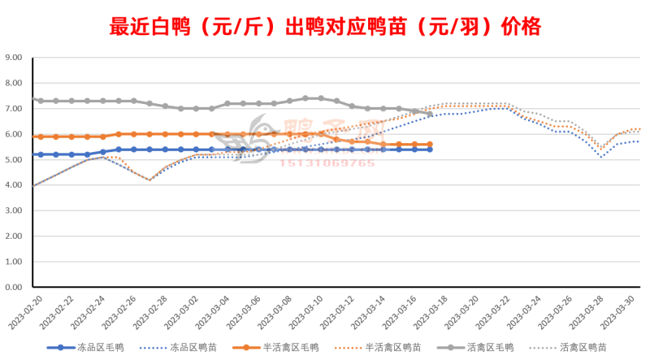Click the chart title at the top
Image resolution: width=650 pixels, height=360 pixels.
pos(325,27)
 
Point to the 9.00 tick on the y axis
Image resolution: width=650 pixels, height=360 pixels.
pos(14,58)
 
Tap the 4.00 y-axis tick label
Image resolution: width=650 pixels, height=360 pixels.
pos(14,185)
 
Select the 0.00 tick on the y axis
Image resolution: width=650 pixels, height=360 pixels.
pos(14,287)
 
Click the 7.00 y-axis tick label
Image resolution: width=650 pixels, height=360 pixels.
pos(14,109)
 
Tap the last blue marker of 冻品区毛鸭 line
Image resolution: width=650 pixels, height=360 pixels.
pos(430,150)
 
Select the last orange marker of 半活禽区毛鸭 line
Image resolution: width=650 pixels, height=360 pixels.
pos(430,145)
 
